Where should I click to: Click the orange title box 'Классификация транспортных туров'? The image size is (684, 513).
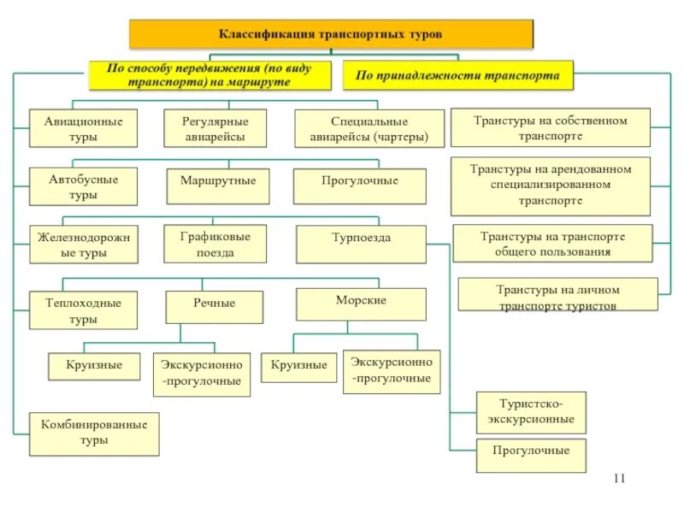pyautogui.click(x=331, y=34)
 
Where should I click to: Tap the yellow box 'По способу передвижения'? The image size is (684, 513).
pyautogui.click(x=209, y=74)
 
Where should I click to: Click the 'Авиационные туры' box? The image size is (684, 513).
pyautogui.click(x=83, y=128)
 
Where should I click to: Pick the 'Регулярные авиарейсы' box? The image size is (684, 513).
pyautogui.click(x=215, y=128)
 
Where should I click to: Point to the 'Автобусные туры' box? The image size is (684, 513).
pyautogui.click(x=83, y=186)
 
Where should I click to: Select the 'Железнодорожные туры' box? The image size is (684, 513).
pyautogui.click(x=83, y=245)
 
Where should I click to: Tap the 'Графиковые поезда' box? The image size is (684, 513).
pyautogui.click(x=214, y=244)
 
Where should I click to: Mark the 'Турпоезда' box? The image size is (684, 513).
pyautogui.click(x=361, y=244)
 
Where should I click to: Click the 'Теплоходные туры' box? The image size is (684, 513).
pyautogui.click(x=83, y=310)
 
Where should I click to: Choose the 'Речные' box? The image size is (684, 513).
pyautogui.click(x=214, y=305)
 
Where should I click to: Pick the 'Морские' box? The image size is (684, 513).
pyautogui.click(x=361, y=304)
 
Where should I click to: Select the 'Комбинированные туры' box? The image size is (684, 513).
pyautogui.click(x=94, y=433)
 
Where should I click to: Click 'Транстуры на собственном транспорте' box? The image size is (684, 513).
pyautogui.click(x=550, y=127)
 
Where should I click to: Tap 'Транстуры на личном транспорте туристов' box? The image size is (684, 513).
pyautogui.click(x=557, y=296)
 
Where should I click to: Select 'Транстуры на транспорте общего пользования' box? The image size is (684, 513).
pyautogui.click(x=551, y=243)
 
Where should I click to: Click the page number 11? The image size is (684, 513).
pyautogui.click(x=620, y=478)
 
